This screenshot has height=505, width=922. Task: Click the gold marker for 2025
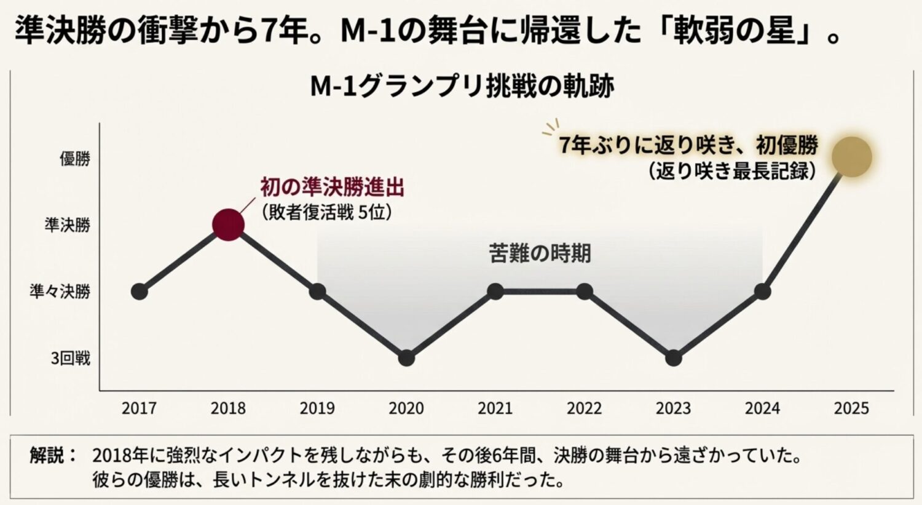(851, 157)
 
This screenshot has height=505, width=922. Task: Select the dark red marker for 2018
(228, 225)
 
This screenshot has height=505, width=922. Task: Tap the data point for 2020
(406, 358)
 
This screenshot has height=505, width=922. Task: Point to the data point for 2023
(673, 358)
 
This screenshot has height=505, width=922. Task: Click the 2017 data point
(140, 292)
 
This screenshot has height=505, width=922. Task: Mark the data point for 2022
(585, 292)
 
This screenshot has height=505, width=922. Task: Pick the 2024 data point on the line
(762, 292)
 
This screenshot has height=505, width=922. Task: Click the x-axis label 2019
(317, 408)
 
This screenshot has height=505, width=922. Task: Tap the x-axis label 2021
(495, 408)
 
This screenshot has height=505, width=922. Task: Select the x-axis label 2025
(851, 408)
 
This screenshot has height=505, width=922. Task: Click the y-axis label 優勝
(75, 159)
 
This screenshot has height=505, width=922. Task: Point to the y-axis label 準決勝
(67, 225)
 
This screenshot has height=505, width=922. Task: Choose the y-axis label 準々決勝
(60, 292)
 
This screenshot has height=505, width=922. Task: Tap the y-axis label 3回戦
(70, 358)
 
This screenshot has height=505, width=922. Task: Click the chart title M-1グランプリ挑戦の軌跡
(462, 87)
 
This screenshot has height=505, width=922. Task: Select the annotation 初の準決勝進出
(332, 187)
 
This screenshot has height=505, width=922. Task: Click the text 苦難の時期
(540, 253)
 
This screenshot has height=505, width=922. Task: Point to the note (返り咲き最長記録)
(732, 170)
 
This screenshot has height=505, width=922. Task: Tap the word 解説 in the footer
(47, 456)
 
